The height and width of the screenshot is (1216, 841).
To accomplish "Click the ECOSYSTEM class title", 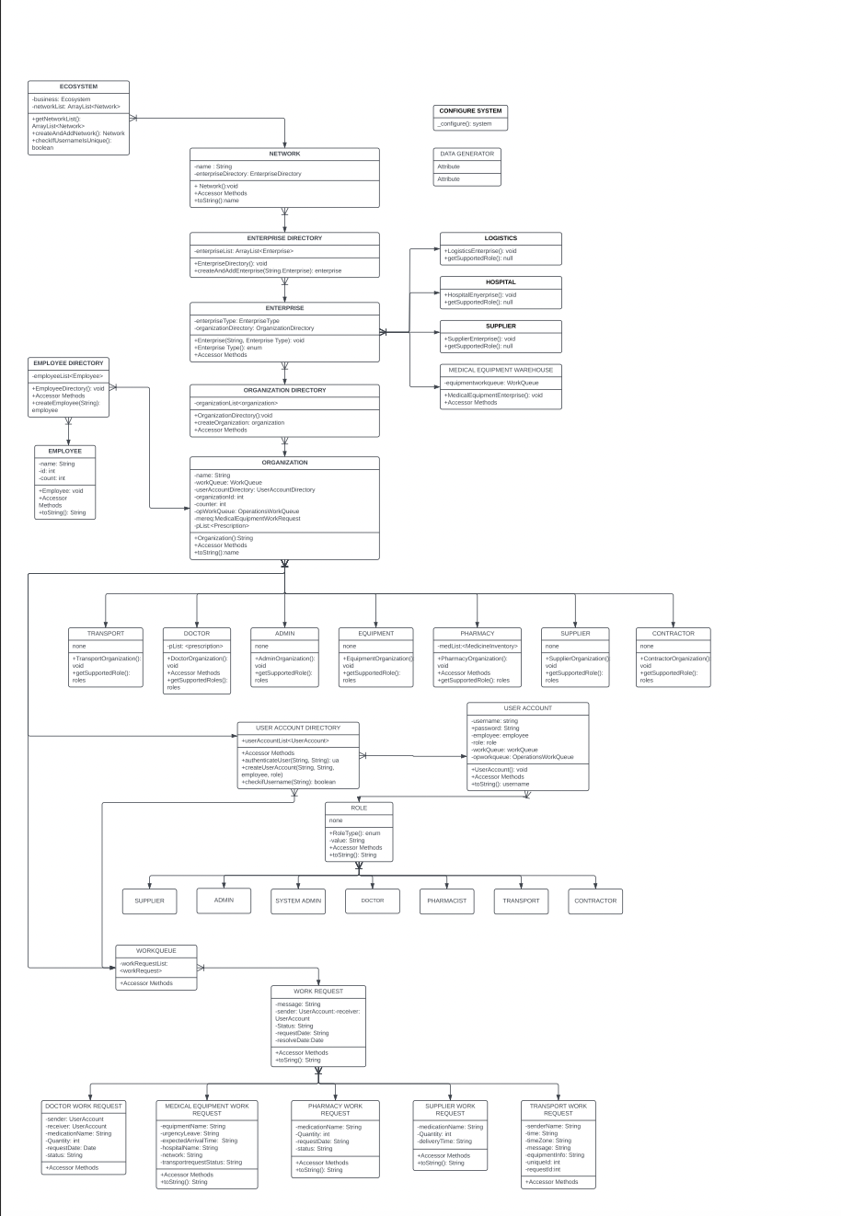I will click(78, 86).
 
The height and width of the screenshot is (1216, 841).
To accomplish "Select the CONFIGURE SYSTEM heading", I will click(470, 110).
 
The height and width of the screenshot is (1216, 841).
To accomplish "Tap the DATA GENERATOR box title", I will click(467, 154).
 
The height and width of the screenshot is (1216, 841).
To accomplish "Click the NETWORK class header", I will click(284, 154).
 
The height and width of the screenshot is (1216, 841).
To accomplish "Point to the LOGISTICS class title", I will click(501, 238).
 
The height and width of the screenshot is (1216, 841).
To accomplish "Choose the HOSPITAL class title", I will click(501, 282).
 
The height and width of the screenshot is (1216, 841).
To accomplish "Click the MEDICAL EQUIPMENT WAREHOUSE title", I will click(501, 370).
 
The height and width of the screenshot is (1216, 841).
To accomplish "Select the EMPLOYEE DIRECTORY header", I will click(68, 363).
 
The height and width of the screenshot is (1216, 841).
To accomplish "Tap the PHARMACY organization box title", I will click(478, 633).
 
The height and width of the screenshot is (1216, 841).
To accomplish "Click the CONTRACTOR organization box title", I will click(673, 633).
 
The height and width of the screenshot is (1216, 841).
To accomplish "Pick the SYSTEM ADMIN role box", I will click(298, 901).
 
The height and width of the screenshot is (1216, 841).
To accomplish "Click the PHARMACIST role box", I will click(446, 901).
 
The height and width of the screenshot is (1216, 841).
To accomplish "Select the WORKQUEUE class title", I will click(156, 950).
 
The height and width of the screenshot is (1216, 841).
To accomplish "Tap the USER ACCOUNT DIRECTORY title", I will click(297, 728).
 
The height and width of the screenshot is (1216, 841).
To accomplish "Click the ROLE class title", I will click(359, 808).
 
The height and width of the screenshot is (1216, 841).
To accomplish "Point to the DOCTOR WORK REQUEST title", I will click(84, 1106).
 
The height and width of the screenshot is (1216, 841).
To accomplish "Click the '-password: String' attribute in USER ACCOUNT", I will click(496, 728).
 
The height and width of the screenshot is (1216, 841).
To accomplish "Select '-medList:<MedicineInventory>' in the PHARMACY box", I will click(478, 646).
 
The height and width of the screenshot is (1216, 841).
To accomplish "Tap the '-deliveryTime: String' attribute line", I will click(444, 1141).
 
